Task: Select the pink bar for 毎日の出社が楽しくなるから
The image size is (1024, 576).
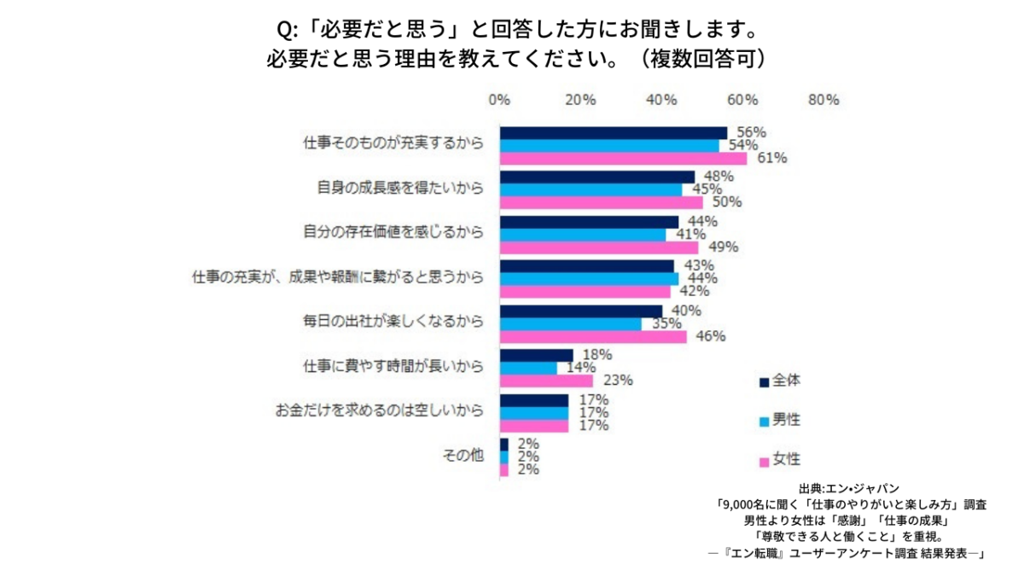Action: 593,336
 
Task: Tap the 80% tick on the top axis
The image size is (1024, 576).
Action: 823,100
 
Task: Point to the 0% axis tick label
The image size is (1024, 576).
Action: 499,100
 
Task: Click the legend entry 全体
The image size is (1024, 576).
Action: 779,381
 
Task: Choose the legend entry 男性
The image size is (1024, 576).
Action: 779,421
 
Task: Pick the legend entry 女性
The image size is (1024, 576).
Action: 779,461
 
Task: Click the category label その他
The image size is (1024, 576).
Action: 463,456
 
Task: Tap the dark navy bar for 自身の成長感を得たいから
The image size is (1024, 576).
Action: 597,177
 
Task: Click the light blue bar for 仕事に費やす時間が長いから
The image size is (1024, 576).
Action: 528,368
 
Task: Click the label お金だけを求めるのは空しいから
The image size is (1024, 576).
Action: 379,410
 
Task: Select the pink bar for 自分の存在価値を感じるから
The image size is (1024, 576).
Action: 599,247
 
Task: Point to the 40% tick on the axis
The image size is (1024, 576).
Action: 661,100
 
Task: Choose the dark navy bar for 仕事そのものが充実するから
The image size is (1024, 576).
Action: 614,132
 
